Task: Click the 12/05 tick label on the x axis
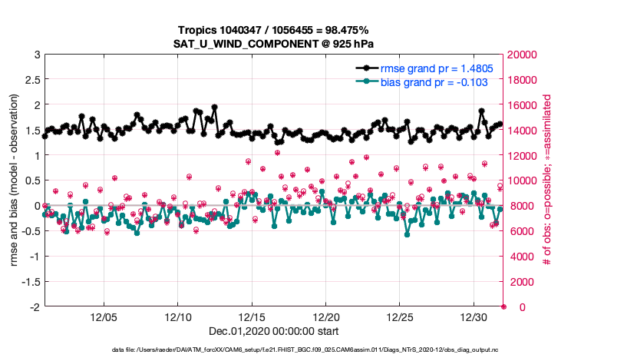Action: pyautogui.click(x=104, y=316)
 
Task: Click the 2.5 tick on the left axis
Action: pyautogui.click(x=33, y=80)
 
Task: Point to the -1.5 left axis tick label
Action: pyautogui.click(x=29, y=282)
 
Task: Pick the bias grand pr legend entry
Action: pyautogui.click(x=433, y=81)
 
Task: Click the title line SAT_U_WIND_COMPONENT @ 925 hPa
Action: pyautogui.click(x=274, y=44)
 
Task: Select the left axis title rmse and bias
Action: pyautogui.click(x=15, y=180)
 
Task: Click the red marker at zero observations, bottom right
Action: pyautogui.click(x=503, y=306)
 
